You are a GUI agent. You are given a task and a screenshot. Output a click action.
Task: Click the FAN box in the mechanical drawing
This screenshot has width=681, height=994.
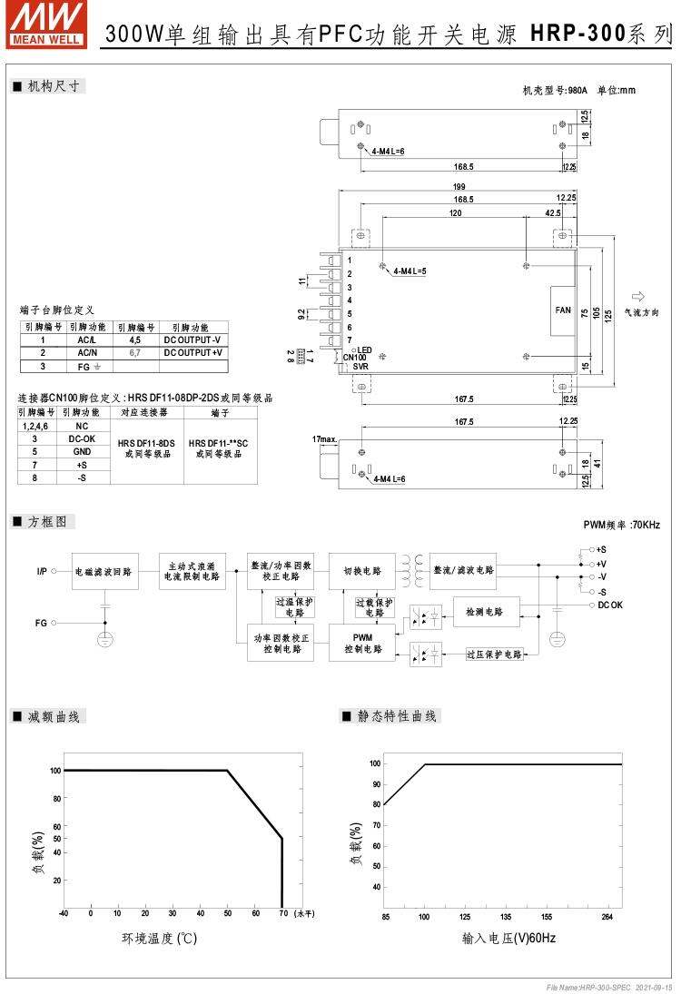click(563, 310)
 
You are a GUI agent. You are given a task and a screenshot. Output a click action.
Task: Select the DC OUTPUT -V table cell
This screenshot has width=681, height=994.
click(193, 340)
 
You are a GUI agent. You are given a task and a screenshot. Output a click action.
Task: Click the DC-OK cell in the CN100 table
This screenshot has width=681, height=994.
click(82, 438)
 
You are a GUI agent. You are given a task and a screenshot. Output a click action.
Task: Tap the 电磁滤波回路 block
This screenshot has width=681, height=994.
click(104, 572)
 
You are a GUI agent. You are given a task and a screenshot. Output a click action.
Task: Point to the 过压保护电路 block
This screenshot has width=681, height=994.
click(495, 654)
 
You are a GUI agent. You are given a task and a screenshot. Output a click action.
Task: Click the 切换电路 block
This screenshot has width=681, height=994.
click(362, 571)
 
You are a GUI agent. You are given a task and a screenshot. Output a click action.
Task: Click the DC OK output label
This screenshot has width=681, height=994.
click(610, 605)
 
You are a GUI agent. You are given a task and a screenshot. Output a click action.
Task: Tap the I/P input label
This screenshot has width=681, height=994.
click(42, 571)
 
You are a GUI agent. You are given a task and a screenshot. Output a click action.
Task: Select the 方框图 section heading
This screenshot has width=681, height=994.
click(47, 522)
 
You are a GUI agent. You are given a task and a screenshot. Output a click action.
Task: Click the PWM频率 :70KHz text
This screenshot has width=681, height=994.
click(621, 526)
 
